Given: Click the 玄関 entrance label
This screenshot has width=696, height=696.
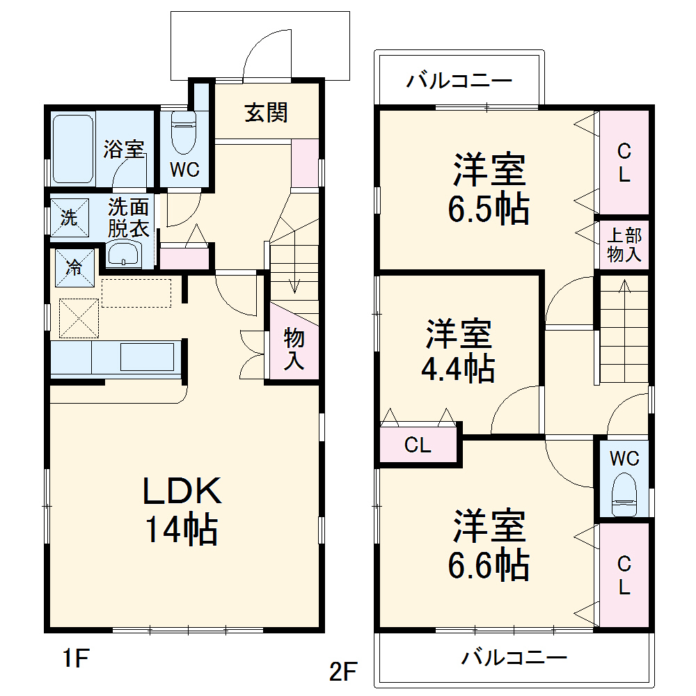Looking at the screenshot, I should pos(266,112).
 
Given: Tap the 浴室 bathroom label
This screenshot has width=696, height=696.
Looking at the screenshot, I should pos(125,149).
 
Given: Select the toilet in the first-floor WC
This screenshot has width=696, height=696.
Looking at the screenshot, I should pos(184,134).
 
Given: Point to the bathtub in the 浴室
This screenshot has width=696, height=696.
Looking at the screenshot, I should pos(72,148).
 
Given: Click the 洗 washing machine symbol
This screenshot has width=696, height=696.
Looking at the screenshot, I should pos(69,218).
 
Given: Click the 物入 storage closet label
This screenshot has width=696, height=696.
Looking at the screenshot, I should pos(294,350).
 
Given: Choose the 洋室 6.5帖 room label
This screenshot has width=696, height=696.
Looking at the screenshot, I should pos(489,189).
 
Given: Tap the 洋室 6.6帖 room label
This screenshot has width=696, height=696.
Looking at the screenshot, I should pos(490,546).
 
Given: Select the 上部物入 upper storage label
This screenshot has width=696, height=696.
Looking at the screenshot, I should pos(624,245).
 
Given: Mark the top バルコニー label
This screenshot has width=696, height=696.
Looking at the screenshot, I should pos(459,81).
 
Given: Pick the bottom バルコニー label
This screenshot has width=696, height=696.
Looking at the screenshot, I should pos(515,656).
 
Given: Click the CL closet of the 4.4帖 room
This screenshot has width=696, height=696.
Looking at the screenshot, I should pos(418,446).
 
